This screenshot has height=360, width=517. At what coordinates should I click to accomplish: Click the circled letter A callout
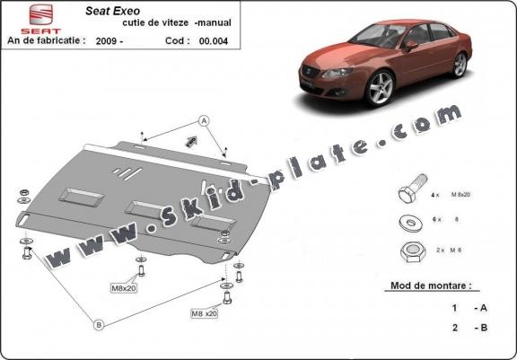tap(204, 120)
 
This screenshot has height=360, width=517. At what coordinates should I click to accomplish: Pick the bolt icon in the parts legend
tap(406, 194)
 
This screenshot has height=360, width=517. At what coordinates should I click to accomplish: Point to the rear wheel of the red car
tap(460, 64)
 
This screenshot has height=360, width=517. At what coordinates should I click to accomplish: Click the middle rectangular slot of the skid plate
tap(142, 208)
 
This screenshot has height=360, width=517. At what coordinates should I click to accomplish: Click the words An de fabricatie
tap(47, 40)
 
